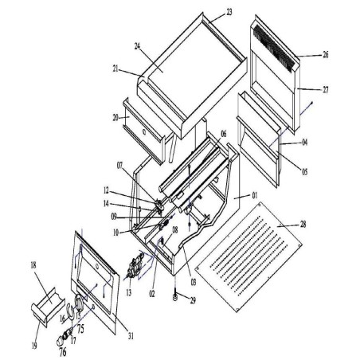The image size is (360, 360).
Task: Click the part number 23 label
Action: (x=229, y=12)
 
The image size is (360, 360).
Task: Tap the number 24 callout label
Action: (x=138, y=47)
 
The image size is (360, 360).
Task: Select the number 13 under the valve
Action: (x=128, y=293)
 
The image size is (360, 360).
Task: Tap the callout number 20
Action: (x=115, y=116)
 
